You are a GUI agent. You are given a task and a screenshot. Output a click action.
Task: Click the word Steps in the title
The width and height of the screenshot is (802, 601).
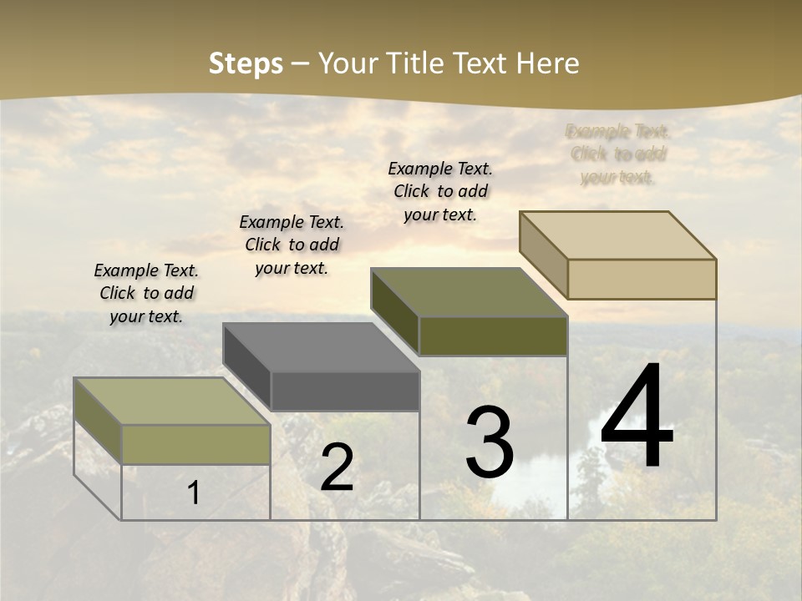[246, 63]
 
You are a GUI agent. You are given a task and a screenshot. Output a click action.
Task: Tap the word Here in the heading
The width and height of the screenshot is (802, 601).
[547, 63]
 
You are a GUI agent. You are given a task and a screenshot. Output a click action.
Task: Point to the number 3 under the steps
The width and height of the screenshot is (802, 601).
[490, 442]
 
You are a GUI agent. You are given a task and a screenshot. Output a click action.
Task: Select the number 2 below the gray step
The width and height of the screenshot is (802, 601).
[337, 468]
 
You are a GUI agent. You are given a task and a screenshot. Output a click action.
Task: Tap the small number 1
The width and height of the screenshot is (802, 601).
[193, 492]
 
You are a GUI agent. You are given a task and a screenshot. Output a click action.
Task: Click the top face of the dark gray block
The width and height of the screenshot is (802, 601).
[321, 347]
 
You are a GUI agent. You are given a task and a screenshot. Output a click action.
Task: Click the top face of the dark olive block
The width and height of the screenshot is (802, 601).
[469, 292]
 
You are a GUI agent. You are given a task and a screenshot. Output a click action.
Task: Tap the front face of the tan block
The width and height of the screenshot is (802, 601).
[642, 279]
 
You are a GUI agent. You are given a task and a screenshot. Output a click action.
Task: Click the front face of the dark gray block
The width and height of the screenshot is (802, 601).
[345, 391]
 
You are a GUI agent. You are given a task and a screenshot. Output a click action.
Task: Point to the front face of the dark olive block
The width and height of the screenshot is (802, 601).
[493, 336]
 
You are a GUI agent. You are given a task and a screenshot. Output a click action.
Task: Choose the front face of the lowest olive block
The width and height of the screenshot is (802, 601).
[195, 444]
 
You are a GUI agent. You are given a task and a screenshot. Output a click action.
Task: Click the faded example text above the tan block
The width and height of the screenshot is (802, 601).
[618, 154]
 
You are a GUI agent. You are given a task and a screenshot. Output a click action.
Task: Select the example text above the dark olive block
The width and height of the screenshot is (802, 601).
[440, 191]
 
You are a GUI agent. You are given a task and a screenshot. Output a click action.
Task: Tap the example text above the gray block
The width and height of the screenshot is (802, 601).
[292, 245]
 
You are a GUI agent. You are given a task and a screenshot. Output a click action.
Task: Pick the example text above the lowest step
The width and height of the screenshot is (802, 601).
[146, 293]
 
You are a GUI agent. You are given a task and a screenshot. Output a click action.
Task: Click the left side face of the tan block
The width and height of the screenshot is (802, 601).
[543, 255]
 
